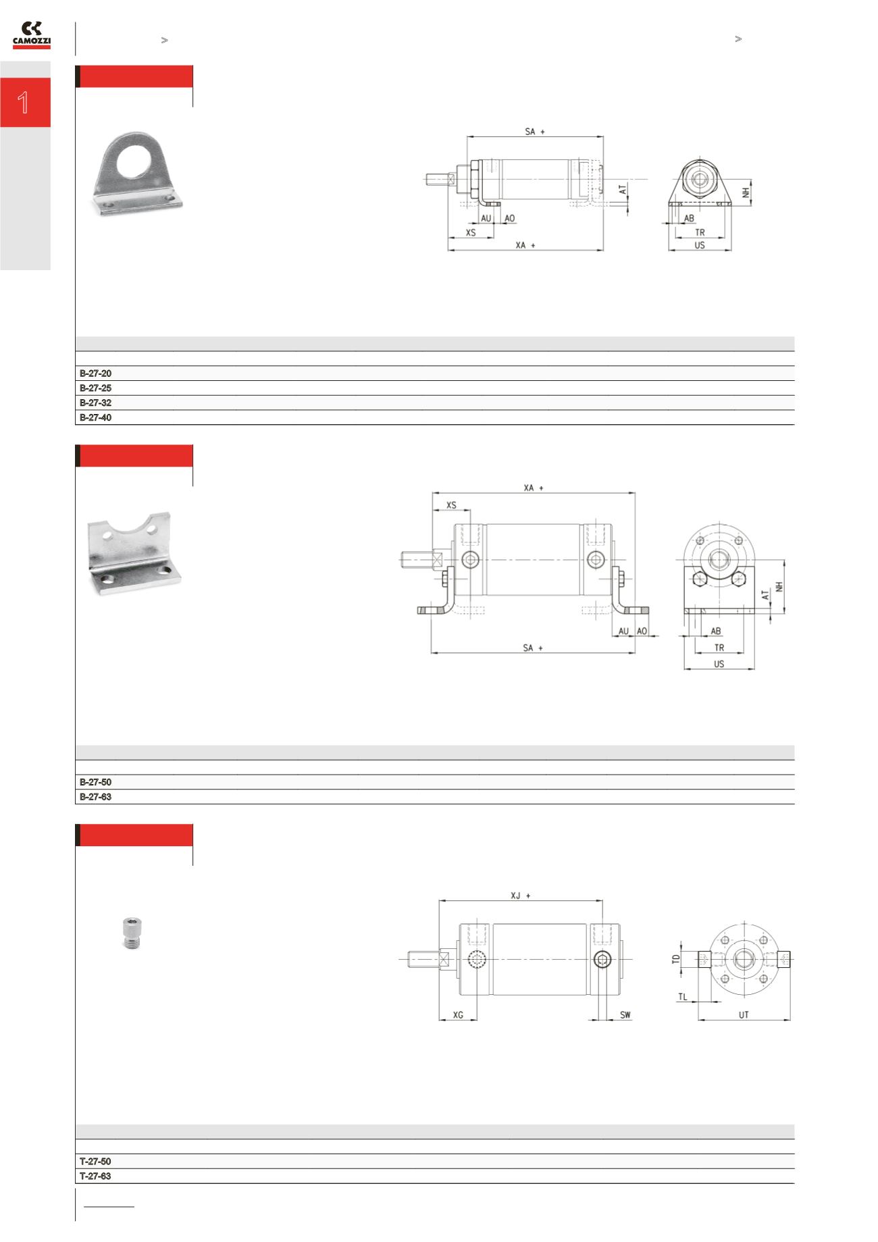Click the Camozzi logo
coord(32,35)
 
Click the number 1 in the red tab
coord(24,103)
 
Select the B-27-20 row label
coord(95,373)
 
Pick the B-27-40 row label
coord(95,417)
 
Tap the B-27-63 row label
coord(95,797)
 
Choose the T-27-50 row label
coord(95,1162)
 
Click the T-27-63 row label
coord(95,1176)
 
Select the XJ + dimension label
coord(520,896)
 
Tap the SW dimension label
coord(625,1015)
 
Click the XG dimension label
coord(458,1015)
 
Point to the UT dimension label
coord(743,1015)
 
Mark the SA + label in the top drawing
coord(534,132)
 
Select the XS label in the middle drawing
coord(451,505)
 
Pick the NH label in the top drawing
coord(746,192)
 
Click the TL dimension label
coord(683,997)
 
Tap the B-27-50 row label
coord(95,782)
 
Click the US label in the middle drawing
coord(719,664)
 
